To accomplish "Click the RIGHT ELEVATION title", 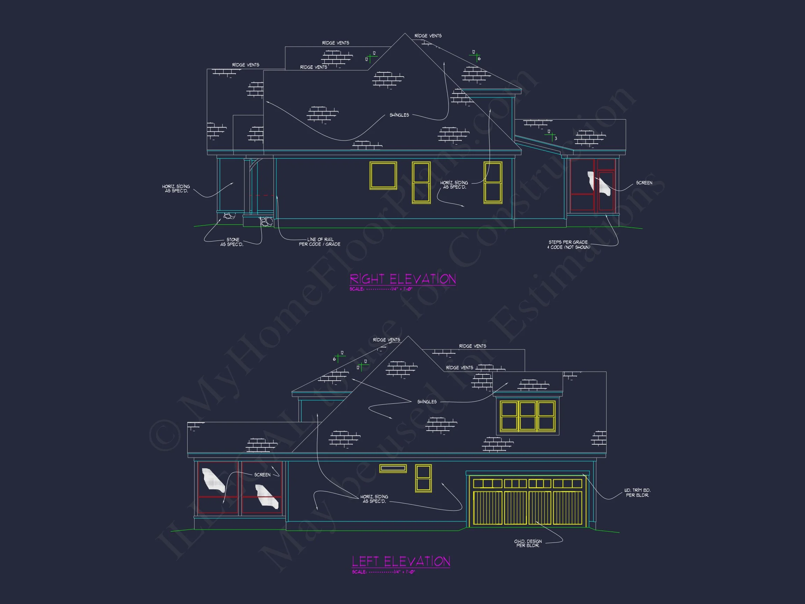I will point(402,279).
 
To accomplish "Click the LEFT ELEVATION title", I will point(401,561).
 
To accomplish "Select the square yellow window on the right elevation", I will point(383,175).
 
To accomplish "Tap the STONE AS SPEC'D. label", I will point(232,242).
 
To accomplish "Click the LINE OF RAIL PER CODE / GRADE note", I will point(320,242).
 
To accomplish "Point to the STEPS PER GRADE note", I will point(568,245).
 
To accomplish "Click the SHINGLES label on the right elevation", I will point(399,115).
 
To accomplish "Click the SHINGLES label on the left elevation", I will point(427,402).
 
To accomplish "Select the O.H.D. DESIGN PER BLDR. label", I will point(528,543).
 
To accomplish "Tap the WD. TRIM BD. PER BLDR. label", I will point(637,492).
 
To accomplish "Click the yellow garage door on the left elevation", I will point(527,502).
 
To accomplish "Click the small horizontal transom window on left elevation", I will point(393,468).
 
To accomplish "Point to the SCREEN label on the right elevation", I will point(644,183).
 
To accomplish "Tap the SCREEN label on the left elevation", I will point(262,475).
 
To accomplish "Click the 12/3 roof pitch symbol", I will point(551,135).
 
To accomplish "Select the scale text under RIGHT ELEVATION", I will point(381,289).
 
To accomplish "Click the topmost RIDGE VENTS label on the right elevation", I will point(428,36).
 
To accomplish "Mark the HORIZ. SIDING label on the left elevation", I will point(374,499).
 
